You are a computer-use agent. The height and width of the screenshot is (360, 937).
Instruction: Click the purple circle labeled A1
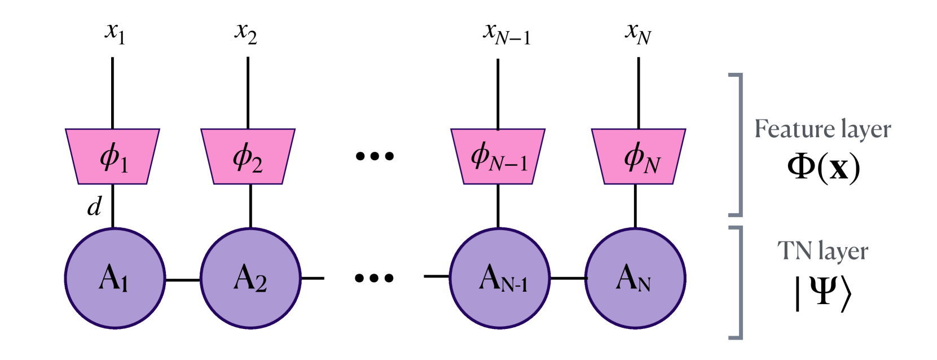pyautogui.click(x=115, y=278)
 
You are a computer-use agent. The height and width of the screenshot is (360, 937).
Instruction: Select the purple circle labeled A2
pyautogui.click(x=250, y=278)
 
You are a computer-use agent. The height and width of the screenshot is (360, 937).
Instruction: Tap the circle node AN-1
pyautogui.click(x=499, y=278)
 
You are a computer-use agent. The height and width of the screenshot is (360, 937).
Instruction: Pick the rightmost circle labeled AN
pyautogui.click(x=635, y=278)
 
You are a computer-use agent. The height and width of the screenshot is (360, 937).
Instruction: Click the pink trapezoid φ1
pyautogui.click(x=113, y=156)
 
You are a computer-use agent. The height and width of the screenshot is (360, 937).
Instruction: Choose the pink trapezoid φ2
pyautogui.click(x=248, y=156)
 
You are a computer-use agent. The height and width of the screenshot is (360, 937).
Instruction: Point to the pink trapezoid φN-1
pyautogui.click(x=498, y=156)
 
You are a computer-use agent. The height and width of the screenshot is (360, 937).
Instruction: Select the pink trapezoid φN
pyautogui.click(x=639, y=156)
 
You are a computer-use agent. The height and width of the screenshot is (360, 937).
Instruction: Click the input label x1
pyautogui.click(x=115, y=32)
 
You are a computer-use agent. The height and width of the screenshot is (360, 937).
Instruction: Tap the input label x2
pyautogui.click(x=246, y=32)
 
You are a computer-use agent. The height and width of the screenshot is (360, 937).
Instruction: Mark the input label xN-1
pyautogui.click(x=506, y=33)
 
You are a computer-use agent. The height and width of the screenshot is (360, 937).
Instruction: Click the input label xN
pyautogui.click(x=638, y=33)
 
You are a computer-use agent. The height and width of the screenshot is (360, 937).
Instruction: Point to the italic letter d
pyautogui.click(x=94, y=207)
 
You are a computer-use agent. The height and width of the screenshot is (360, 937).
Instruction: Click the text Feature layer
pyautogui.click(x=822, y=129)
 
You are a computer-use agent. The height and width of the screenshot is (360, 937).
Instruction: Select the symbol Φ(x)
pyautogui.click(x=823, y=167)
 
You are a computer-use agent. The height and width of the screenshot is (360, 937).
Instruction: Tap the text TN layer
pyautogui.click(x=822, y=251)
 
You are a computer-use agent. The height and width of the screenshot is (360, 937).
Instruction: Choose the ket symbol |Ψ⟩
pyautogui.click(x=822, y=292)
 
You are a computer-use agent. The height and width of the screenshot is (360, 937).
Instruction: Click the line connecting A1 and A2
pyautogui.click(x=183, y=279)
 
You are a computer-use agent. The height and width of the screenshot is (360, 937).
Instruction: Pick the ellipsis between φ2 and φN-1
pyautogui.click(x=375, y=156)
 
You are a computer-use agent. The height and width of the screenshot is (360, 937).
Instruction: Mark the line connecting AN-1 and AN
pyautogui.click(x=568, y=278)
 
